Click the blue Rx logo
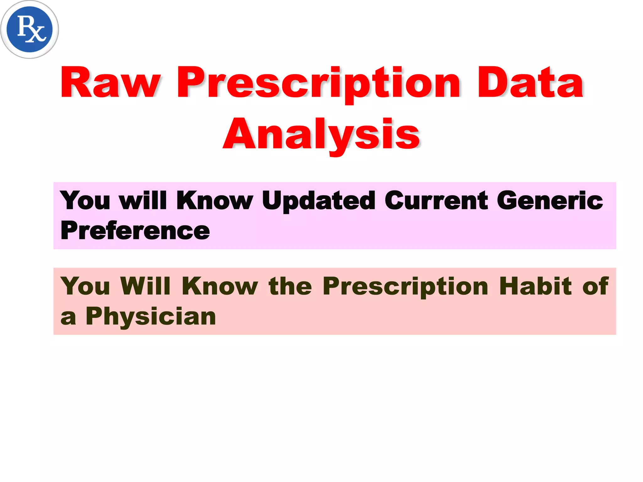(x=30, y=29)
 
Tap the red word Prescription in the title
(x=318, y=83)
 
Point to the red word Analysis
(x=321, y=134)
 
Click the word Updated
(x=318, y=201)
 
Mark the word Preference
(x=135, y=230)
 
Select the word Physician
(x=151, y=316)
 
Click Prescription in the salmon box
(x=405, y=286)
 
